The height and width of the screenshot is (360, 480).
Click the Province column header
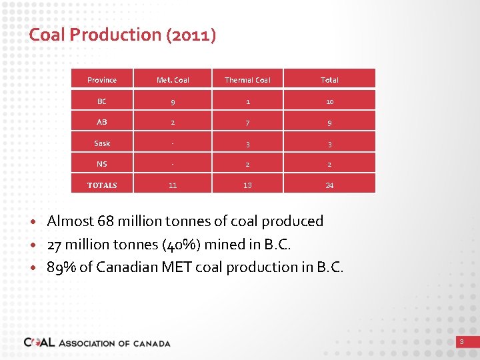click(x=102, y=80)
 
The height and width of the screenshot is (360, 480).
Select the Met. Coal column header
click(x=173, y=80)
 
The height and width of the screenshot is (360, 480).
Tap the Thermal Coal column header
click(x=247, y=80)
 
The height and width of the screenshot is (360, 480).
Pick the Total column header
click(x=329, y=80)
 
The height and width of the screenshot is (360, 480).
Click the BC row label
click(x=102, y=101)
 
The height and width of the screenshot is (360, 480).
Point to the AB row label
click(x=102, y=122)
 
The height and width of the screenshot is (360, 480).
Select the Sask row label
click(x=102, y=143)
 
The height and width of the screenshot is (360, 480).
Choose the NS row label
click(x=102, y=164)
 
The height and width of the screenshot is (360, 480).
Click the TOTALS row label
click(x=102, y=185)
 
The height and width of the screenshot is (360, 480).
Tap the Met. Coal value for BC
click(x=173, y=101)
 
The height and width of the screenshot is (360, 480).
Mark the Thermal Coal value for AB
click(x=247, y=122)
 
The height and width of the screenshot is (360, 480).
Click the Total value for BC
click(x=329, y=101)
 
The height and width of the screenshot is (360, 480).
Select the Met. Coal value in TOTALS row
click(x=173, y=185)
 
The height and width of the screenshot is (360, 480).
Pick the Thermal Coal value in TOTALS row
click(x=247, y=185)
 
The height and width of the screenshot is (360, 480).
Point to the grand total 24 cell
click(x=329, y=185)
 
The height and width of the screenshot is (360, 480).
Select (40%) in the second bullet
click(x=181, y=245)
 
